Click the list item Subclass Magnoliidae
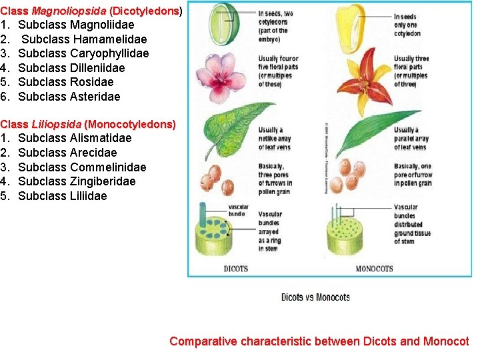pyautogui.click(x=76, y=25)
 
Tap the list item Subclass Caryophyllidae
pyautogui.click(x=83, y=53)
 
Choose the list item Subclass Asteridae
pyautogui.click(x=69, y=97)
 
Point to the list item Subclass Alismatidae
pyautogui.click(x=75, y=138)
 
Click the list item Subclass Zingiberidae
pyautogui.click(x=77, y=181)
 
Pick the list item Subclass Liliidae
pyautogui.click(x=62, y=196)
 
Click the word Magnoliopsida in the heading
pyautogui.click(x=69, y=11)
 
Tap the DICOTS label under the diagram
pyautogui.click(x=235, y=269)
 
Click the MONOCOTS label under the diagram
pyautogui.click(x=374, y=269)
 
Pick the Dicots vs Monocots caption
pyautogui.click(x=315, y=297)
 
